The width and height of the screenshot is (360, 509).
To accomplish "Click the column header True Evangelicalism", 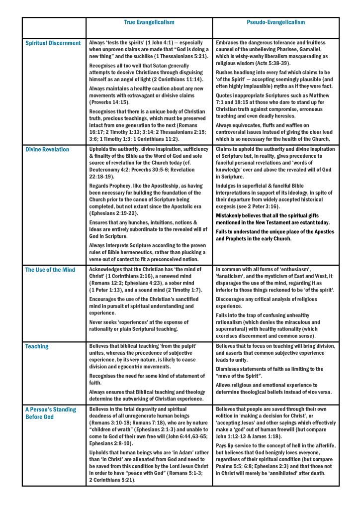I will [149, 22].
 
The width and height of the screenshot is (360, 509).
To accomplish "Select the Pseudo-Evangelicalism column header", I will [276, 22].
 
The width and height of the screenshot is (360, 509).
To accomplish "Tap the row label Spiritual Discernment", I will [53, 43].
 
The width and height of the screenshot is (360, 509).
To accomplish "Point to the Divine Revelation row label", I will [47, 149].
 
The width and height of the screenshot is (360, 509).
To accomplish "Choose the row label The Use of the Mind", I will [50, 270].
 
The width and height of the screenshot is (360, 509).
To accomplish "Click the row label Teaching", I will [37, 346].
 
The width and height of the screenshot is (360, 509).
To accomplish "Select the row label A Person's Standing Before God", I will [51, 413].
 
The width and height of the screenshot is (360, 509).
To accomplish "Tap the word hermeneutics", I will [165, 252].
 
